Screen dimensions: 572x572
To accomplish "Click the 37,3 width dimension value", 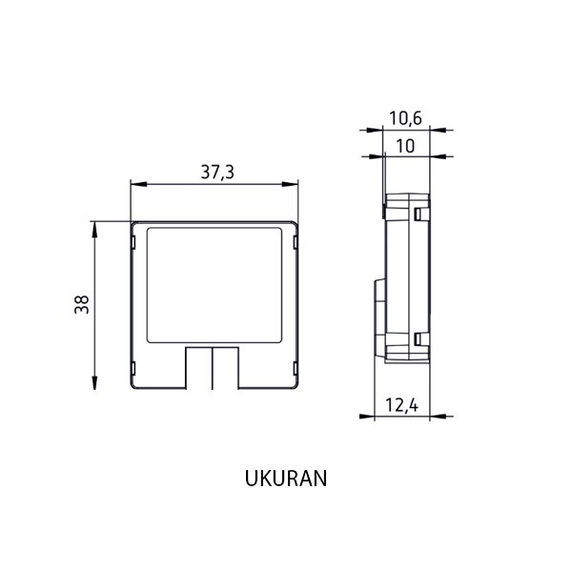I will click(x=216, y=172).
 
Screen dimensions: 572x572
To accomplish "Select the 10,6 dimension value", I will click(x=405, y=118).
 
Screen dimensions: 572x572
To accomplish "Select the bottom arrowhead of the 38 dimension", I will click(x=95, y=384).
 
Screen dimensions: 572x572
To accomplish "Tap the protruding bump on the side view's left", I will click(x=377, y=310).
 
